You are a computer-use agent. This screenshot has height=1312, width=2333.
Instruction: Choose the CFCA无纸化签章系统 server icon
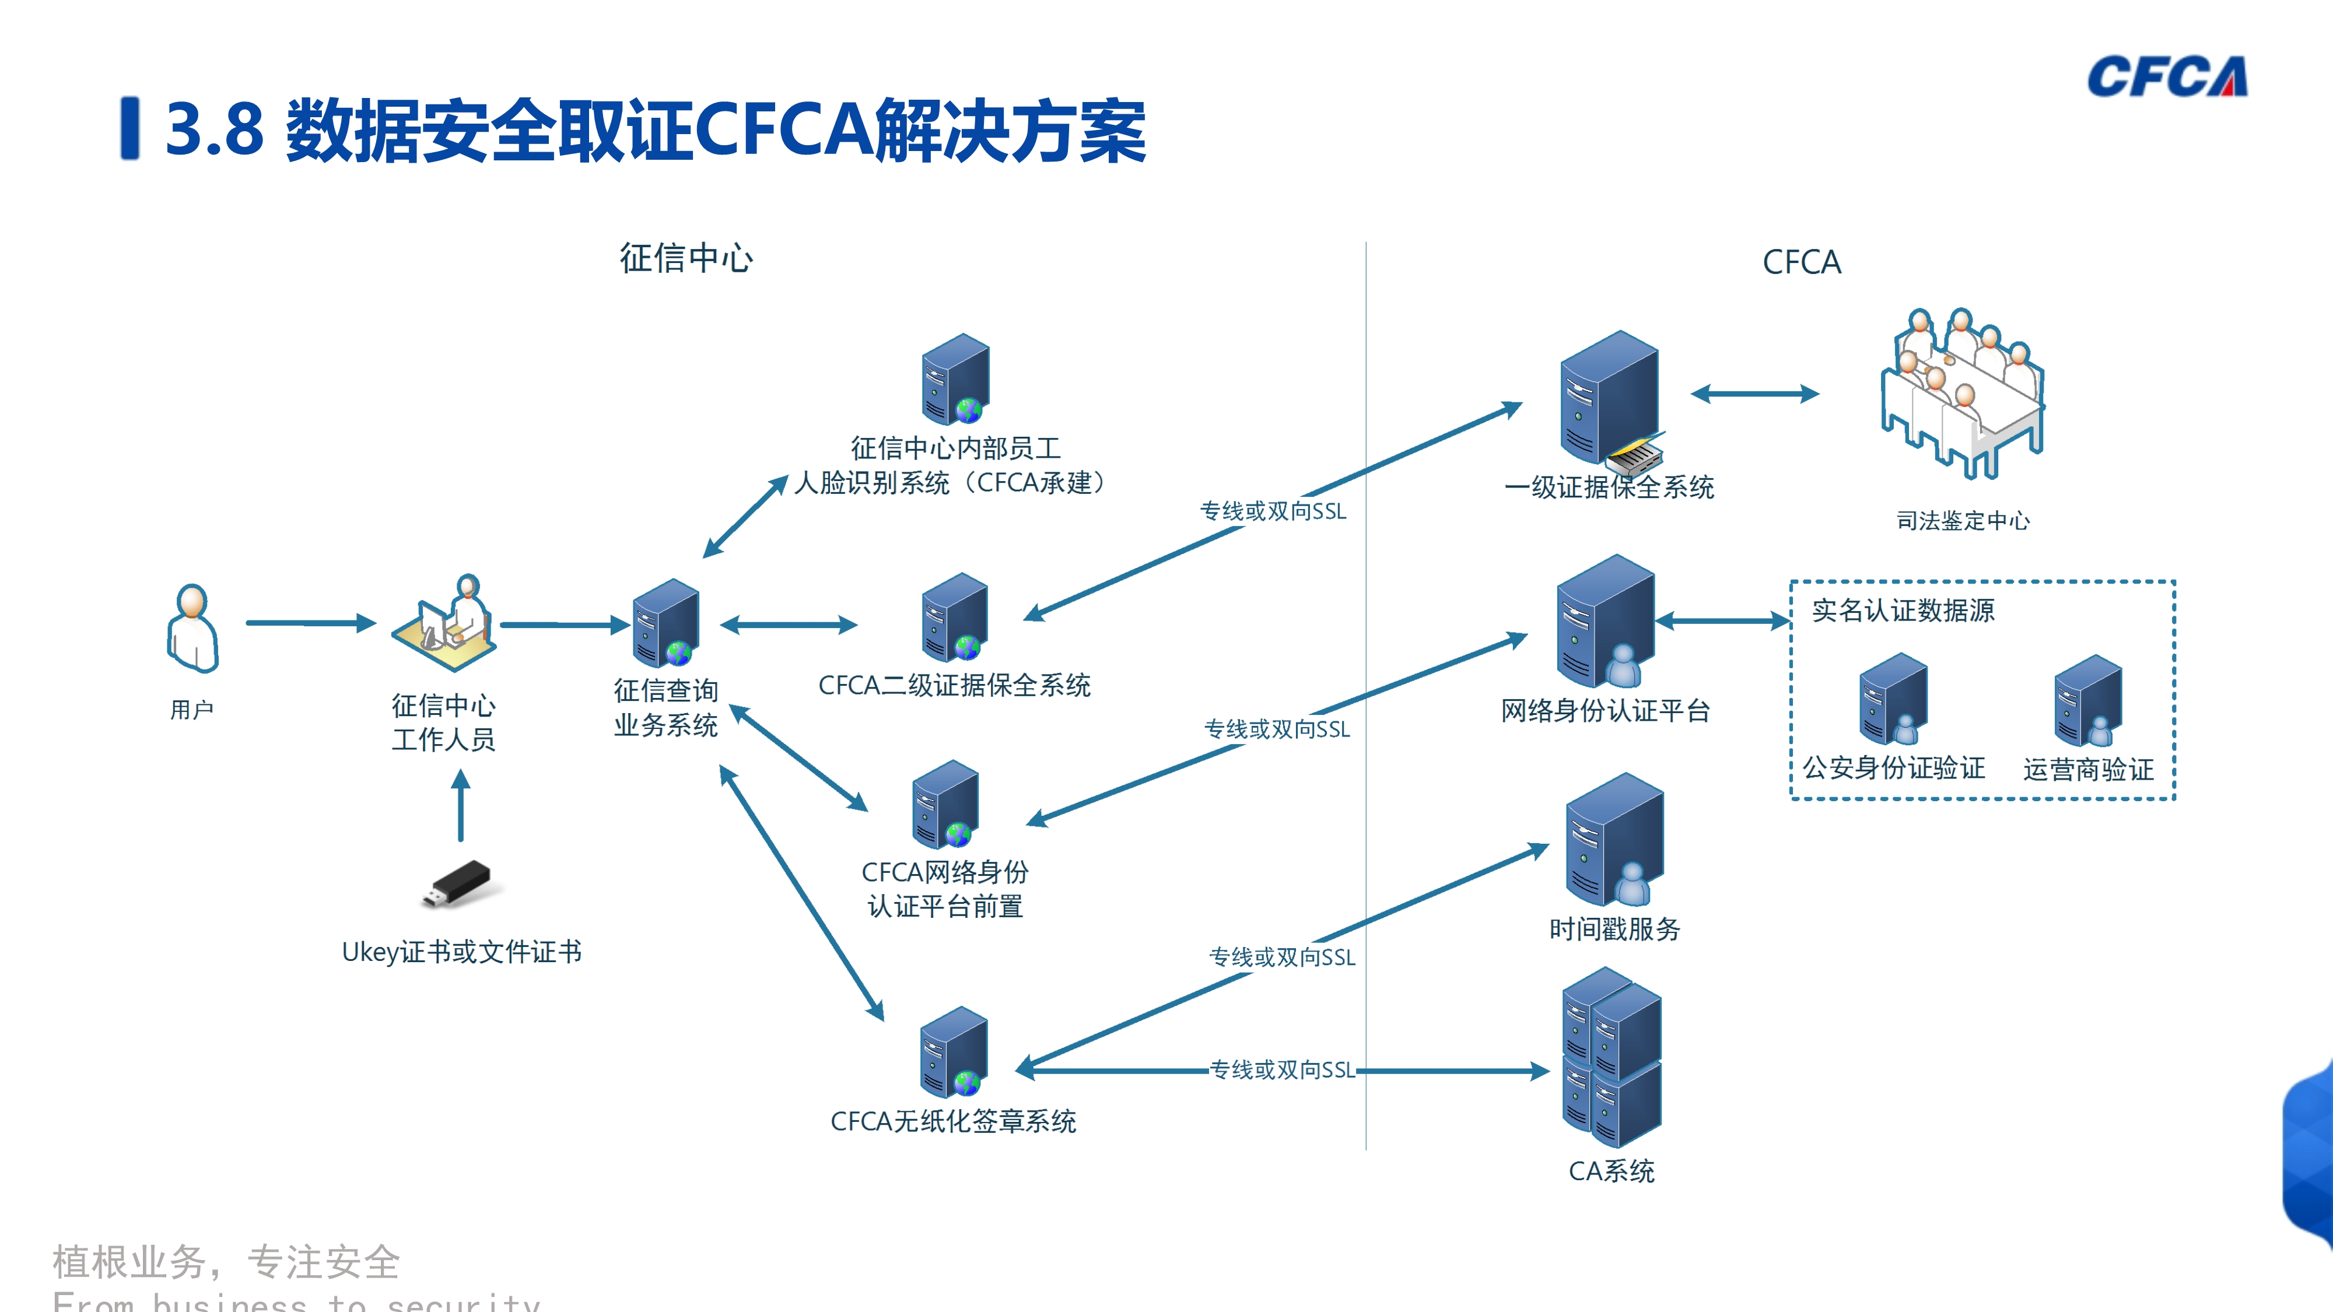(954, 1051)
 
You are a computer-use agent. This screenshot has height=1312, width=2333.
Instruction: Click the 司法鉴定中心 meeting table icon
(1961, 394)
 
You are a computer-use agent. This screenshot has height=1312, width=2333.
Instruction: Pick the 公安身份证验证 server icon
(1893, 699)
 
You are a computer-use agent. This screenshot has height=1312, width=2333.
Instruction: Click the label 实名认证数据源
(1903, 611)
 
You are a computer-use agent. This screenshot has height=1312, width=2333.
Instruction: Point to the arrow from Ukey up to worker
(461, 806)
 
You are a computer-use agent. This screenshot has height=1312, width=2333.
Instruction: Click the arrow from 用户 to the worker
(310, 623)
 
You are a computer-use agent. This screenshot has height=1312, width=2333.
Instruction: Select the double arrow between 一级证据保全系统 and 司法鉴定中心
(1754, 394)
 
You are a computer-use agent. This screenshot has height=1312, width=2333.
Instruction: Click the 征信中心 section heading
(685, 259)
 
